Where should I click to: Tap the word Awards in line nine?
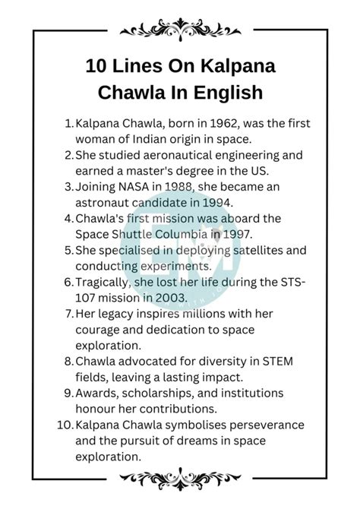click(x=96, y=394)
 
